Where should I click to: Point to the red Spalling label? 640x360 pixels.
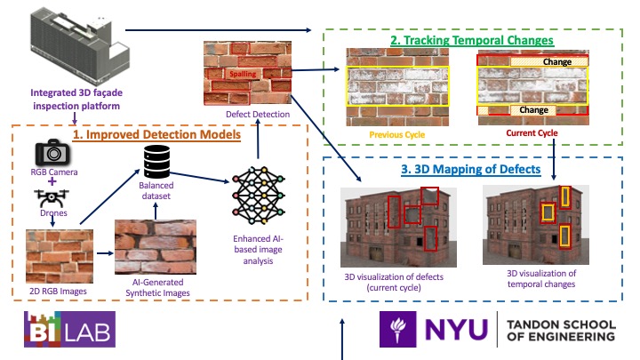tap(242, 75)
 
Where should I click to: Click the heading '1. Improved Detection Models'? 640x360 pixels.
tap(156, 135)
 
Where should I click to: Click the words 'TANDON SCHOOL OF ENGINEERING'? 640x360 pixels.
tap(561, 330)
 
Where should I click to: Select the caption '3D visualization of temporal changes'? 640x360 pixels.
tap(541, 278)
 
